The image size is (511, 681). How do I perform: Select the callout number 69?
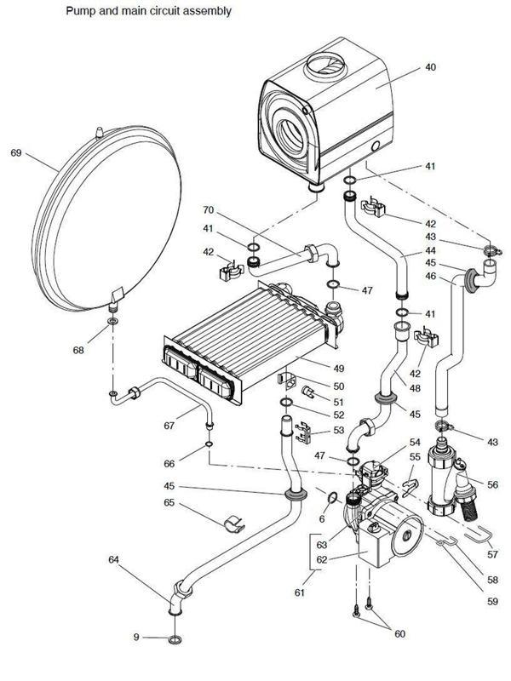coord(15,152)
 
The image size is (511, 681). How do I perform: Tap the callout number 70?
coord(208,209)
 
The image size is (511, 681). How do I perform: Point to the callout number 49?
coord(337,369)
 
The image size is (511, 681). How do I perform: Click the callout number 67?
coord(170,424)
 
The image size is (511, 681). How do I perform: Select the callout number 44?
coord(431,252)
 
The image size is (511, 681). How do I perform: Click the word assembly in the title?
coord(205,12)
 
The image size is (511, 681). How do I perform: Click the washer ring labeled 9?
coord(173,638)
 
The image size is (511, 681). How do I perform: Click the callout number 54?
coord(415,443)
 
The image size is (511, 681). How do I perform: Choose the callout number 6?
coord(322,518)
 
